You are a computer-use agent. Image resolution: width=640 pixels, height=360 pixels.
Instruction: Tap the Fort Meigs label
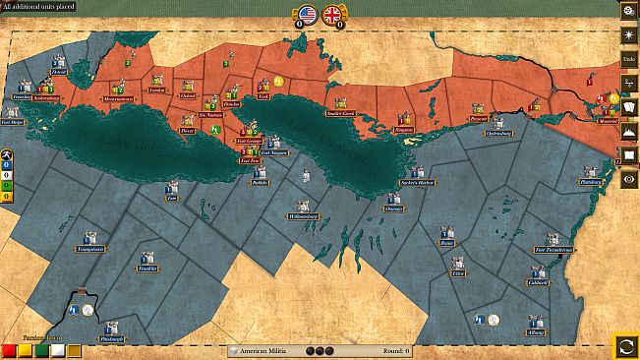coord(12,123)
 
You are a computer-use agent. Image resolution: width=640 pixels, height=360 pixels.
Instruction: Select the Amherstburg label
coord(46,98)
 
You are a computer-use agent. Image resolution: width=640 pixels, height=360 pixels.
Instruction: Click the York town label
coord(262,96)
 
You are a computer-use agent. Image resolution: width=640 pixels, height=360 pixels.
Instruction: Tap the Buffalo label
coord(260,182)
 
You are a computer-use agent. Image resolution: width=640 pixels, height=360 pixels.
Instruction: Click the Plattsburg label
coord(591,182)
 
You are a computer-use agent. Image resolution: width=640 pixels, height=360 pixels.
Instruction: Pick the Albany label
coord(535,333)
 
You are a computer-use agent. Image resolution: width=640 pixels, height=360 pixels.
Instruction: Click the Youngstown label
coord(90,250)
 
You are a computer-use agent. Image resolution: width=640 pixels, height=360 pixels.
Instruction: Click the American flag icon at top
coord(307,14)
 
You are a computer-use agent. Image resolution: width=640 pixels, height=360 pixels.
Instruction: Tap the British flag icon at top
coord(332,14)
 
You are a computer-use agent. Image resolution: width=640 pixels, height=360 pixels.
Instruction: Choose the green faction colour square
coord(40,350)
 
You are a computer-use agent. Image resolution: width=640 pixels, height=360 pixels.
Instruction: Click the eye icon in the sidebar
coord(627,178)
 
